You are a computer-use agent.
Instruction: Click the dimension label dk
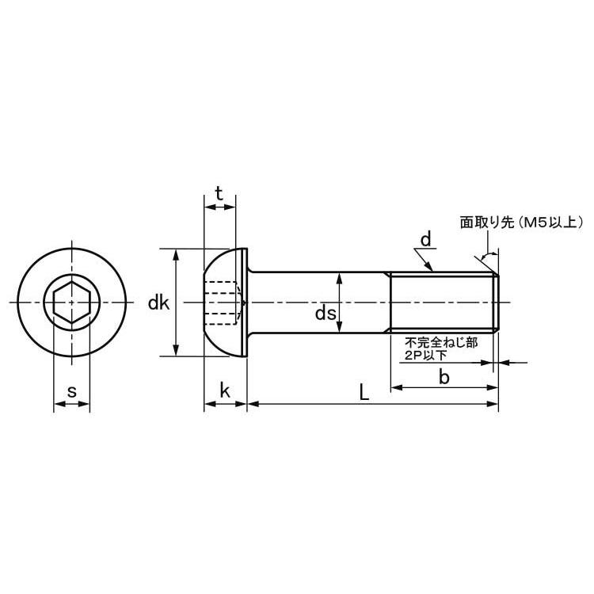coord(158,303)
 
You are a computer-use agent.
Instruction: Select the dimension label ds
coord(326,314)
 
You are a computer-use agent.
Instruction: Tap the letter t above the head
coord(219,194)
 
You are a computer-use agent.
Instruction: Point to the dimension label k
coord(225,390)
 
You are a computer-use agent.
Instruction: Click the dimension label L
coord(364,392)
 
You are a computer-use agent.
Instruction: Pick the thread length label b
coord(444,377)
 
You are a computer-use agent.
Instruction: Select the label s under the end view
coord(71,391)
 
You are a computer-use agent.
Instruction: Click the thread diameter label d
coord(426,239)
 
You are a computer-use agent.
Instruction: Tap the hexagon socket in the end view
coord(71,303)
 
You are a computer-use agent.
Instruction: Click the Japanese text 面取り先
coord(487,223)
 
